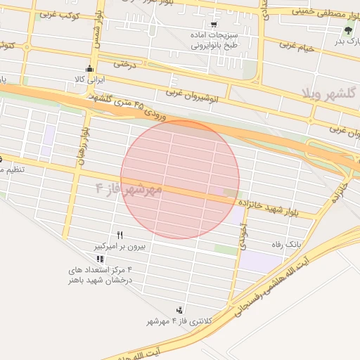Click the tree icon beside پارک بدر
[x=348, y=30]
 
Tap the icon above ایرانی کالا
[x=89, y=69]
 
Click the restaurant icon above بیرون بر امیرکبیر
[x=120, y=236]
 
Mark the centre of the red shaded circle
[x=180, y=179]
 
